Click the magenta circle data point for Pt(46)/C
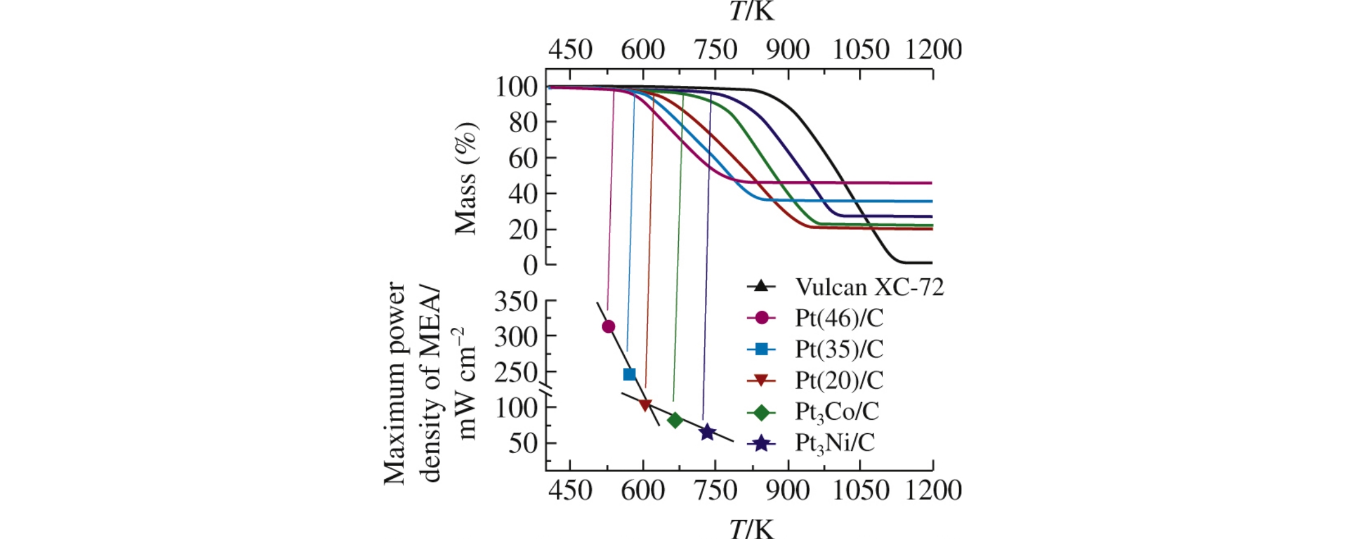tap(608, 327)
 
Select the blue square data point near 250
tap(630, 374)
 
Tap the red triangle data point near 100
tap(645, 405)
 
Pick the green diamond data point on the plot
tap(675, 420)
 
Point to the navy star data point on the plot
tap(707, 433)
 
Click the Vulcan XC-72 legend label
tap(870, 287)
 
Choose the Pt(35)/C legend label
tap(839, 349)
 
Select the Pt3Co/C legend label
tap(837, 412)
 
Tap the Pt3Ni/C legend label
tap(835, 443)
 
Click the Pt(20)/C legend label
tap(839, 380)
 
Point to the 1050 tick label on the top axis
tap(861, 50)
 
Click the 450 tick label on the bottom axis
tap(570, 490)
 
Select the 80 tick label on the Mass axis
tap(523, 123)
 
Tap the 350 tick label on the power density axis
tap(516, 302)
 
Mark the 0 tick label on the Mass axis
tap(531, 265)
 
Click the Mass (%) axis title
tap(467, 178)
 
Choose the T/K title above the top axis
tap(752, 11)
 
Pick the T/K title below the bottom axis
tap(752, 528)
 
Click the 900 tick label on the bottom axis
tap(788, 490)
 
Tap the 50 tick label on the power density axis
tap(523, 443)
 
